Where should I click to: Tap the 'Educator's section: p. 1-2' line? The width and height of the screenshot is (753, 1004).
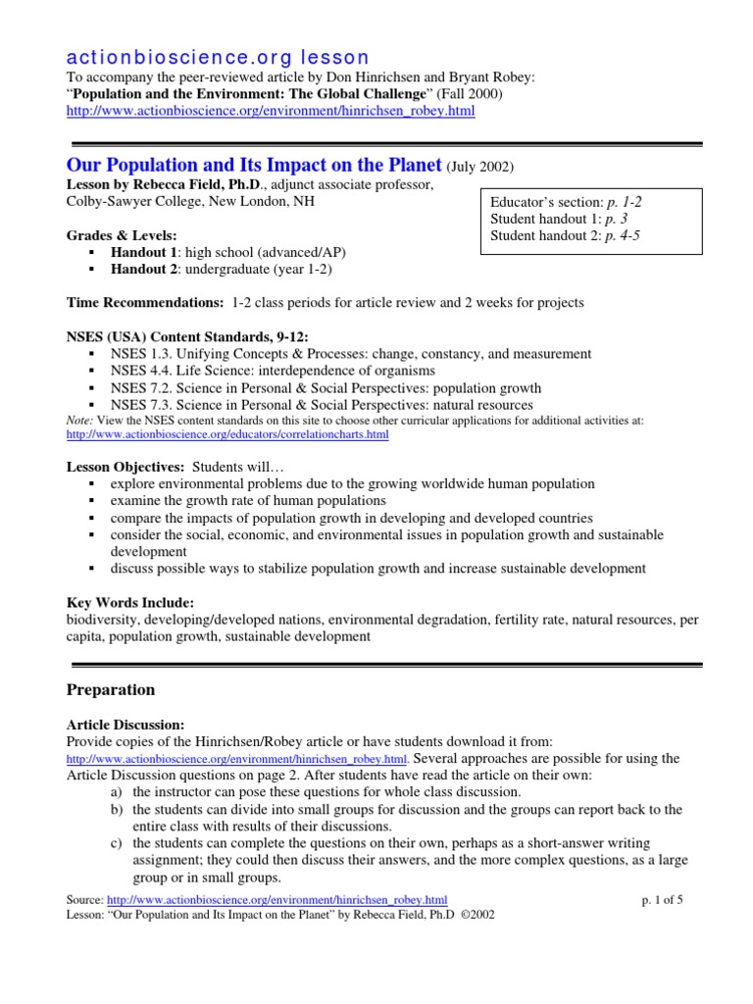[566, 201]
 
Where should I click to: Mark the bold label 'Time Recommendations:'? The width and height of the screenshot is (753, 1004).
[144, 303]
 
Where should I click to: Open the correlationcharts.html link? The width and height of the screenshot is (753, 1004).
[226, 433]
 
